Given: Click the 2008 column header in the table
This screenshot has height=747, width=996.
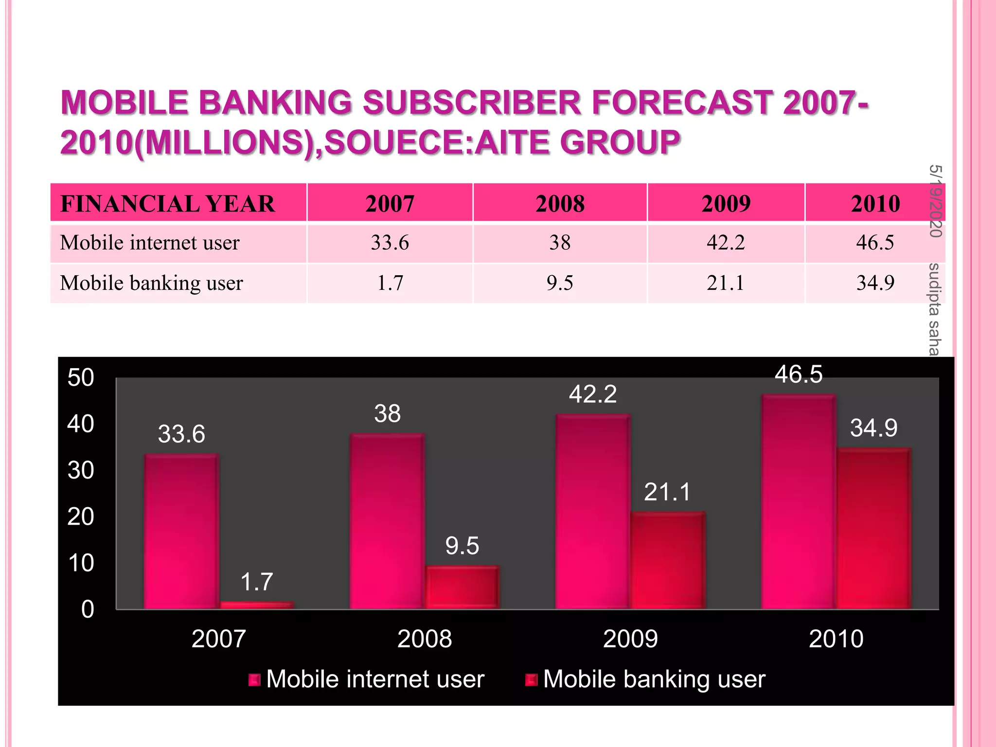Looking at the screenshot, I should [x=560, y=203].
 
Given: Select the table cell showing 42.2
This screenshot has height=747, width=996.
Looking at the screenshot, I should [x=726, y=242].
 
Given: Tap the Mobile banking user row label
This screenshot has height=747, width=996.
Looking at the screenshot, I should [x=151, y=283].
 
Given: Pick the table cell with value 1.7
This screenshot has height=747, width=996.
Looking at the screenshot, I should [x=390, y=283].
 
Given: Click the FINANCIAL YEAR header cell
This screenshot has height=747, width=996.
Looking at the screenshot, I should [x=168, y=203].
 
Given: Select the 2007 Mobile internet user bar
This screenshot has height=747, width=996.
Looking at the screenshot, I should [x=181, y=531].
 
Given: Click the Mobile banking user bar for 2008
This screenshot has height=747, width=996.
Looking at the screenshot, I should [x=462, y=587].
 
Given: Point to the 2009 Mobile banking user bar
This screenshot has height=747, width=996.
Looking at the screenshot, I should [x=668, y=560].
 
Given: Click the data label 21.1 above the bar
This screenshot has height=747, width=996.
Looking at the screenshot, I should [x=667, y=492].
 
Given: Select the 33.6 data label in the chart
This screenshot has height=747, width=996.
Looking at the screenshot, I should [x=181, y=434].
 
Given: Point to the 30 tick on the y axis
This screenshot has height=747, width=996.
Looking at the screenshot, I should [x=81, y=470].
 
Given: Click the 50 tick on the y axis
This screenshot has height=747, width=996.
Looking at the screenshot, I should [x=81, y=378].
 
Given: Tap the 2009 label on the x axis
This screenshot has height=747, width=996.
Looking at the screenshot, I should [x=630, y=639].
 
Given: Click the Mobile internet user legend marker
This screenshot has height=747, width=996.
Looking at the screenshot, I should [x=254, y=679].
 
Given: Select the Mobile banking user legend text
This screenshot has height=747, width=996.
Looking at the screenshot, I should [x=654, y=679].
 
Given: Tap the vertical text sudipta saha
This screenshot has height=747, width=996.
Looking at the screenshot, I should [x=934, y=309].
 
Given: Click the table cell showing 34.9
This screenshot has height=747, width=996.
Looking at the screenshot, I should [x=875, y=283].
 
